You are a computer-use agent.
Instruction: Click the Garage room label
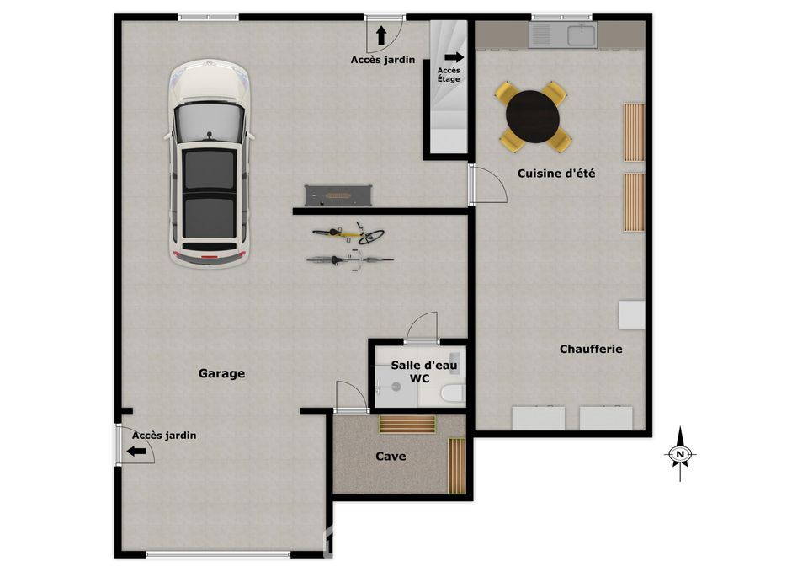[221, 373]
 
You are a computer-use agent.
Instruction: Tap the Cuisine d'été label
[556, 174]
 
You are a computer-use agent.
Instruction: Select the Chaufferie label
[591, 350]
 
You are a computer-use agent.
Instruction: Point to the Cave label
[391, 457]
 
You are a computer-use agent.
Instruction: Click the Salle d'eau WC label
[423, 372]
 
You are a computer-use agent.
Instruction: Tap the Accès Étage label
[449, 75]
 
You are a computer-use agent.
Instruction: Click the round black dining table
[532, 116]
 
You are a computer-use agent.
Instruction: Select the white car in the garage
[210, 164]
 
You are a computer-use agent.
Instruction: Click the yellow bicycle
[348, 233]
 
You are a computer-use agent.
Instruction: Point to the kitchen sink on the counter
[582, 35]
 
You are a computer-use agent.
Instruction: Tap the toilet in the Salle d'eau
[452, 394]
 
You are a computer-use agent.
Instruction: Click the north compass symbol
[680, 454]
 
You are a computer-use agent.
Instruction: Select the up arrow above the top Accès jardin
[380, 35]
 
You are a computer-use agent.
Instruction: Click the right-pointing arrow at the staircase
[454, 57]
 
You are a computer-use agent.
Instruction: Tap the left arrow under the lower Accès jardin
[136, 452]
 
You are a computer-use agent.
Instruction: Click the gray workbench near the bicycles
[338, 196]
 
